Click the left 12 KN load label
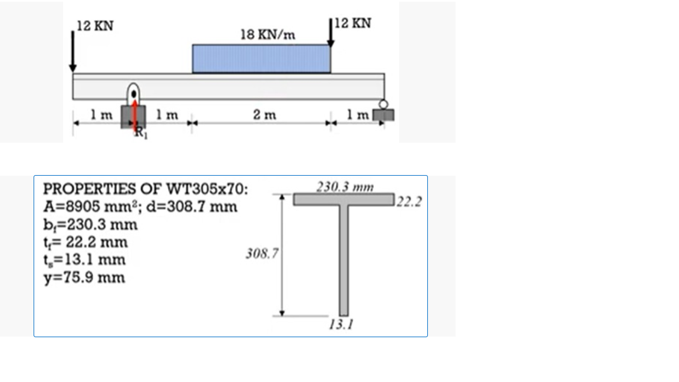click(95, 26)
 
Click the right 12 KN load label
click(352, 24)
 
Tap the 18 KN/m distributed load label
click(268, 35)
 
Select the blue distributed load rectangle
click(261, 59)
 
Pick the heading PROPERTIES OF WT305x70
click(146, 190)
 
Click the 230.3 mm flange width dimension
click(345, 187)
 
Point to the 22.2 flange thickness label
click(409, 202)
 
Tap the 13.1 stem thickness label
click(341, 324)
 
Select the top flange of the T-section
click(344, 200)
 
